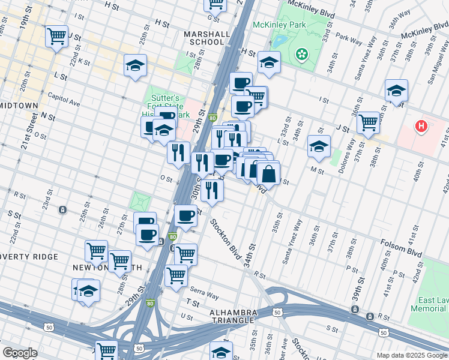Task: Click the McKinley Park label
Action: click(x=279, y=25)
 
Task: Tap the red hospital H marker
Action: click(x=422, y=127)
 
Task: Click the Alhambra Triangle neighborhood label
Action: click(x=234, y=317)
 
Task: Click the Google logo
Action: click(x=20, y=353)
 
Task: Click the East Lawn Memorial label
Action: click(x=429, y=304)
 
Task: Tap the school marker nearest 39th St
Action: click(x=396, y=91)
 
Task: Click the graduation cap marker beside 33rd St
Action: click(x=319, y=146)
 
